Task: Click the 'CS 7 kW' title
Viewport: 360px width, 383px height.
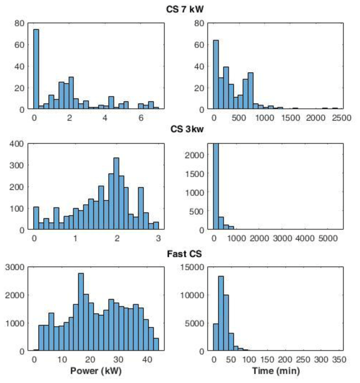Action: tap(185, 9)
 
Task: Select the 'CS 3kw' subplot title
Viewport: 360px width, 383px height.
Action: tap(187, 129)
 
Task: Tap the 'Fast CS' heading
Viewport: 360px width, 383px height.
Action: tap(184, 254)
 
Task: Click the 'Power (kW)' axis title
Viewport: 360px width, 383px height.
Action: tap(96, 371)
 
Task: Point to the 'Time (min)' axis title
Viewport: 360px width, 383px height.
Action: tap(276, 371)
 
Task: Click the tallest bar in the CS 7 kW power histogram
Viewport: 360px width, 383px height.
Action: tap(36, 69)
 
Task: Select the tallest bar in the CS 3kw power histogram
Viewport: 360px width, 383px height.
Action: tap(117, 193)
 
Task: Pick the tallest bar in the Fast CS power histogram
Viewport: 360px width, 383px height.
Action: tap(81, 312)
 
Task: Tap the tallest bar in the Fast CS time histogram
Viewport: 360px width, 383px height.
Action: tap(221, 314)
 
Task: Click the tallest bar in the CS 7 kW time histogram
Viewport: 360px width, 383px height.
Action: tap(216, 75)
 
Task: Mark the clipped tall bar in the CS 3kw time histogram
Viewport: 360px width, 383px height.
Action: tap(216, 186)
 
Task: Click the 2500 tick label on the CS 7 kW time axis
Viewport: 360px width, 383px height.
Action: tap(341, 118)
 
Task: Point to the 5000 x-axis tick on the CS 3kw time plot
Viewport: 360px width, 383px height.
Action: tap(328, 238)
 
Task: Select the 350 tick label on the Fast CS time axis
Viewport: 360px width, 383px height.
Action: tap(339, 359)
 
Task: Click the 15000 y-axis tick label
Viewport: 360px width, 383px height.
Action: tap(192, 267)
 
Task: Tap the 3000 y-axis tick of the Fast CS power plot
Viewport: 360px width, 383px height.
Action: tap(15, 267)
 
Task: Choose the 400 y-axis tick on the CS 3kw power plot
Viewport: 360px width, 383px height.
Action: tap(17, 144)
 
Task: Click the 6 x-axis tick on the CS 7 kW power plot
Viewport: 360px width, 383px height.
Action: tap(141, 118)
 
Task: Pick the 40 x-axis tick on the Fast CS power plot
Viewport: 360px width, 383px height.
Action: tap(148, 359)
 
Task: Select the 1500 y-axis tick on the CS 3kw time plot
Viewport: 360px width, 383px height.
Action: tap(194, 174)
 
